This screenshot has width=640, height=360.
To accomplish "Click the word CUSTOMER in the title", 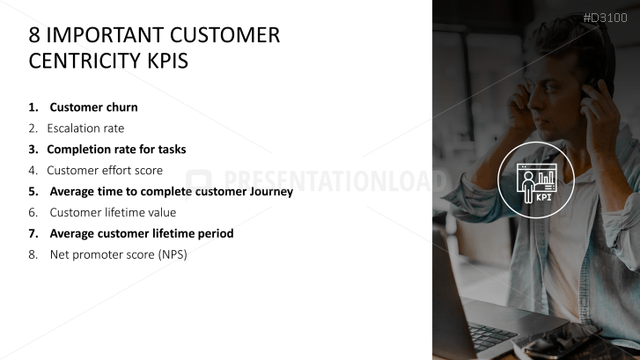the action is pos(224,35).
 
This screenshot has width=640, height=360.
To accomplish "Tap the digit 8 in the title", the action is pos(34,35).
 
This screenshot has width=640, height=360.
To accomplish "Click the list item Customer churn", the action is pos(93,107).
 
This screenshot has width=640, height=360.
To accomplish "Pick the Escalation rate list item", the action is pos(85,129).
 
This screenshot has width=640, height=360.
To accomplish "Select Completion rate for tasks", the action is pos(116,150).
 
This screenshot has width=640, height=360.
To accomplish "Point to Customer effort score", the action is pos(105,170).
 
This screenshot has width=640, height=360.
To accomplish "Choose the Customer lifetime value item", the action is pos(113,213).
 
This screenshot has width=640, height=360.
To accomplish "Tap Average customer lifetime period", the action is pos(142,233).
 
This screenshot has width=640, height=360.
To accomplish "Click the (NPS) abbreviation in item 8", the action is pos(173,254).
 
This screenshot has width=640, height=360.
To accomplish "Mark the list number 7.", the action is pos(33,233).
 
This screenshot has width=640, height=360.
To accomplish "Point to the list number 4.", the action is pos(33,170).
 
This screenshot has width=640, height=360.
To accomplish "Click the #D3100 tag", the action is pos(605,18).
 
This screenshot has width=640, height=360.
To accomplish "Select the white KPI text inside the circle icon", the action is pos(544,197).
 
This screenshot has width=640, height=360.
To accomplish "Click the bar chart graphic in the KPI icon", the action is pos(546,177).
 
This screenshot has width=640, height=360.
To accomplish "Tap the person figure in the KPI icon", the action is pos(528,187).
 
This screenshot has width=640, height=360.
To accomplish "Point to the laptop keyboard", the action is pos(489,334).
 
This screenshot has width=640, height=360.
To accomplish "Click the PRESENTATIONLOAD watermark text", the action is pos(335,180).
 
